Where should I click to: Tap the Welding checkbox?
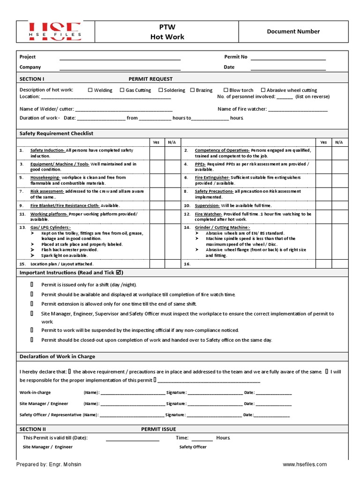tap(90, 90)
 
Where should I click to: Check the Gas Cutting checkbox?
tap(122, 90)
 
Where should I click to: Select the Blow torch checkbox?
tap(226, 90)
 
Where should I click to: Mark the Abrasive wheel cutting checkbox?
tap(263, 90)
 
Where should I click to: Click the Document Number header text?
tap(293, 31)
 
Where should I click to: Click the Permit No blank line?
tap(288, 60)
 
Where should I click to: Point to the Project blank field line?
tap(120, 60)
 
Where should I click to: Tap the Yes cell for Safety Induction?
tap(157, 153)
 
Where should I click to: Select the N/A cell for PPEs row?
tap(338, 167)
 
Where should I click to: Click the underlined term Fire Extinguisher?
tap(212, 178)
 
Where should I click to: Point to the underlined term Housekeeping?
tap(45, 178)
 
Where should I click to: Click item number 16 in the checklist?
tap(186, 264)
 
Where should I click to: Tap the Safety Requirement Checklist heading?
tap(56, 134)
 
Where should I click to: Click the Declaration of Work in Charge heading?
tap(57, 356)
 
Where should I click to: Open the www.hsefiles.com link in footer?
tap(305, 464)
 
